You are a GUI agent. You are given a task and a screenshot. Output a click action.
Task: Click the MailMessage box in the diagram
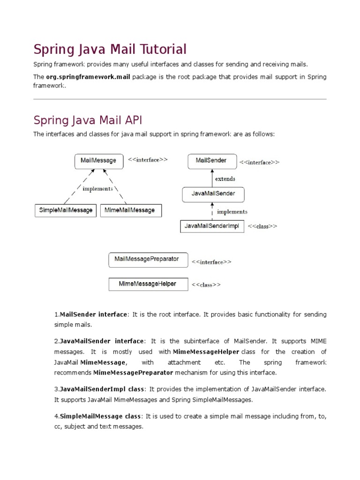pos(98,161)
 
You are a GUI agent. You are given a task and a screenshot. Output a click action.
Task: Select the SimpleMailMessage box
pos(65,210)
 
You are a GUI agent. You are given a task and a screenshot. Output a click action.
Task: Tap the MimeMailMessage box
pos(131,210)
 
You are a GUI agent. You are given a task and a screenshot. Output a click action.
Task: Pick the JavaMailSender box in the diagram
pos(213,193)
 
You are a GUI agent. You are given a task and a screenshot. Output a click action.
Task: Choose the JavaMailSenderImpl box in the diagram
pos(212,226)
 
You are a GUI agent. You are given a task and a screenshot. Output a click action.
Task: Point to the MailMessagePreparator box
pos(148,260)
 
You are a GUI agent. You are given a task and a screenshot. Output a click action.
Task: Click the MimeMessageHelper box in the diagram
pos(148,285)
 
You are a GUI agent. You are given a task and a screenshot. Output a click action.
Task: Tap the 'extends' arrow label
pos(225,179)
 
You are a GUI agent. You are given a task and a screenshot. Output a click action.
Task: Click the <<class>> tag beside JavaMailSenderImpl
pos(262,226)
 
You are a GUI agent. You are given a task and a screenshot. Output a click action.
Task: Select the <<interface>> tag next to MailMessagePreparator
pos(211,262)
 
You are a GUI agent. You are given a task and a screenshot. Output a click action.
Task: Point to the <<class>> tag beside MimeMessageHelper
pos(206,285)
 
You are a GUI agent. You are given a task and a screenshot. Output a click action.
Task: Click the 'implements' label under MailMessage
pos(97,188)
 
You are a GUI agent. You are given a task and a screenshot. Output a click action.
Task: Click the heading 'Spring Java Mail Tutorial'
pos(110,49)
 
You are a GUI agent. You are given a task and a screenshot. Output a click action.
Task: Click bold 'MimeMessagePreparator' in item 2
pos(133,373)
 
